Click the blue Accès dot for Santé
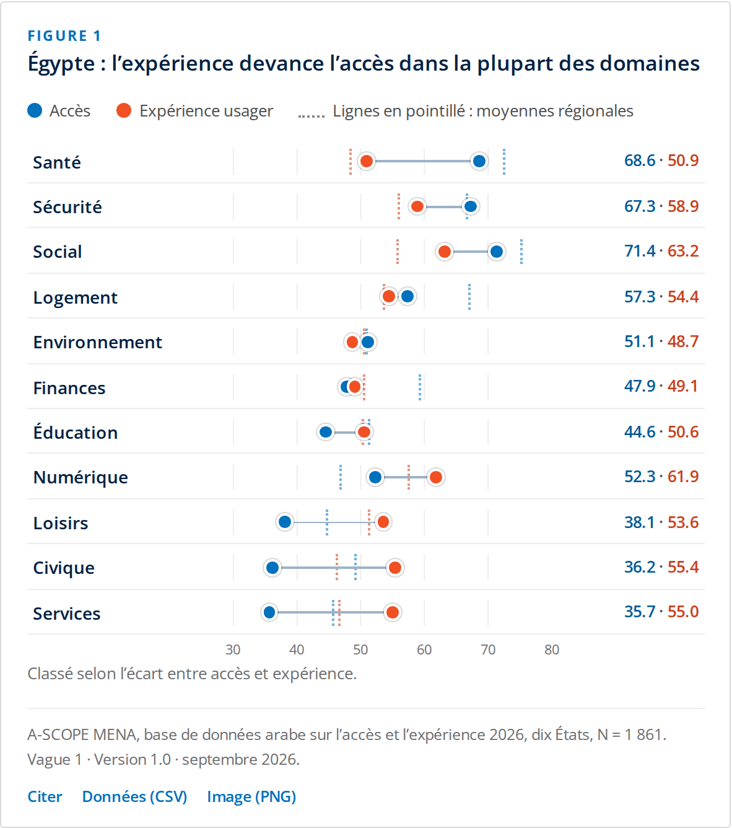point(479,161)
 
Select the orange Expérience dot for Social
point(445,252)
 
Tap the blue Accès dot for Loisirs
point(285,522)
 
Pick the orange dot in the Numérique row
point(436,477)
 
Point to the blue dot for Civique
point(272,568)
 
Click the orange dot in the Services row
point(393,612)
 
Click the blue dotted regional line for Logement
point(469,297)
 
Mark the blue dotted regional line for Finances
point(420,387)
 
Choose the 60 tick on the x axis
point(424,650)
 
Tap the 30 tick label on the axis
point(233,650)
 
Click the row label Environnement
point(98,342)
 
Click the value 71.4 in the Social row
point(640,251)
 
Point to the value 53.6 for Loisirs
point(683,522)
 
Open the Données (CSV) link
point(135,797)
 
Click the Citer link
point(45,796)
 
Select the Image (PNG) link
point(251,797)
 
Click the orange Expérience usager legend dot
point(124,110)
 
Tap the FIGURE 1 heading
point(64,36)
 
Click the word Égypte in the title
point(61,63)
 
